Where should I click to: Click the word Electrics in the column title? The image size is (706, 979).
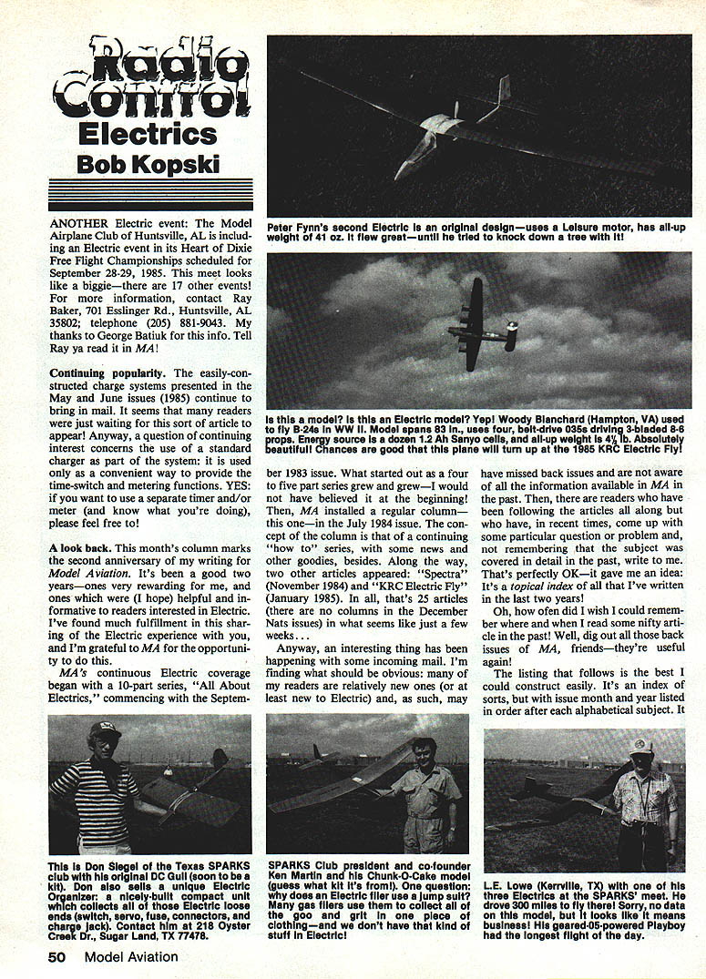(x=147, y=134)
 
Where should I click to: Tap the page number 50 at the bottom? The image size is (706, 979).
(x=59, y=956)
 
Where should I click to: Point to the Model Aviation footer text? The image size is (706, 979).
(x=131, y=956)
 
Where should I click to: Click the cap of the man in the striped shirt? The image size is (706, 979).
(x=104, y=729)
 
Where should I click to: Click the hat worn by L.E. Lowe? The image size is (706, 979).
(x=641, y=746)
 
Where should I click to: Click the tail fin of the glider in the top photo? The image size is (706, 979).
(x=503, y=89)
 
